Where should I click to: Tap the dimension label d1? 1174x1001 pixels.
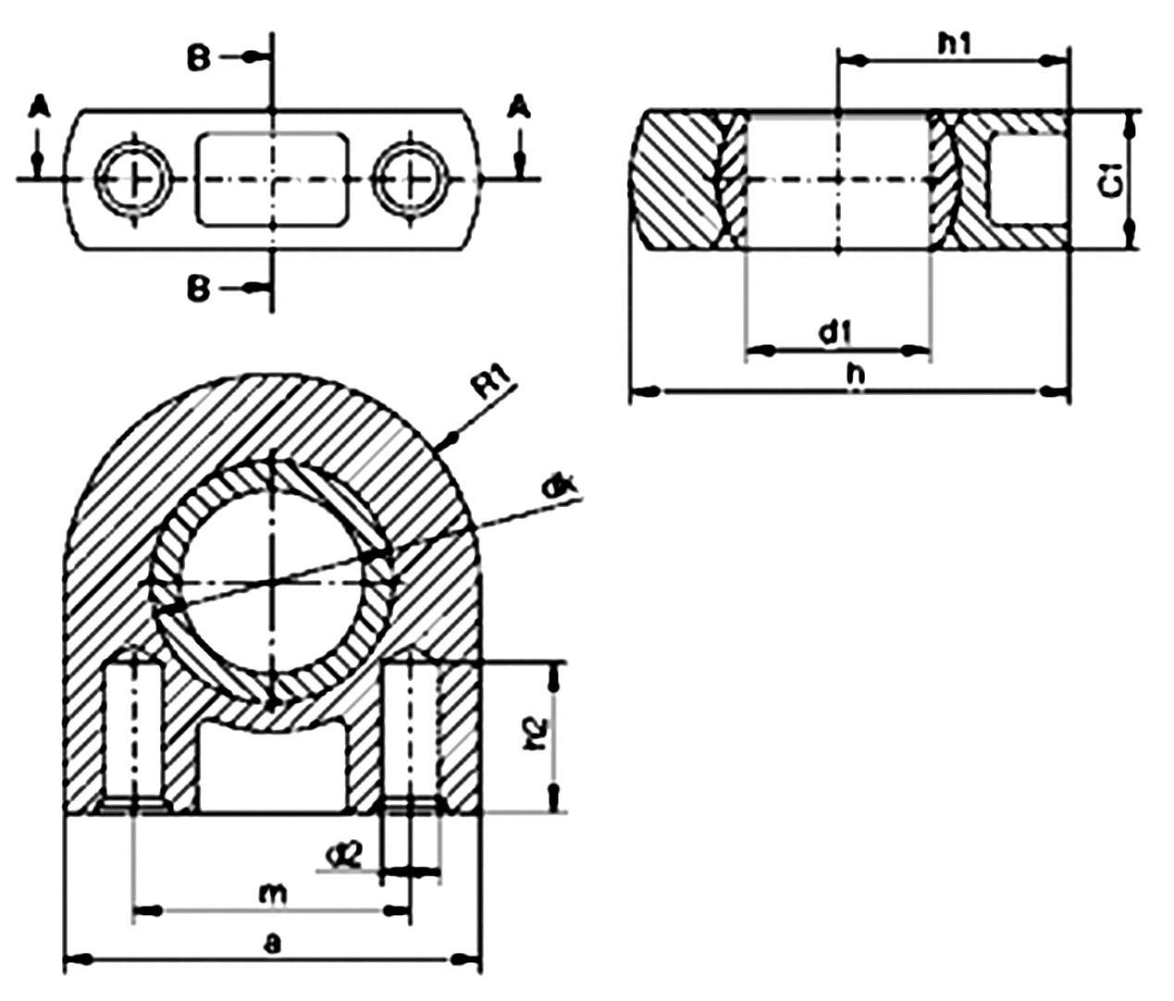point(835,331)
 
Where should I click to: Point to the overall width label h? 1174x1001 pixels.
point(857,374)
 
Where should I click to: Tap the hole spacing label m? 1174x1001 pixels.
point(271,894)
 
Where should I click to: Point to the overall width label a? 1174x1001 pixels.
point(271,943)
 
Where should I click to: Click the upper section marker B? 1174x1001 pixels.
point(199,58)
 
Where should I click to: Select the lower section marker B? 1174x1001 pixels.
point(199,290)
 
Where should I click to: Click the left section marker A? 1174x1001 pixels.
point(38,108)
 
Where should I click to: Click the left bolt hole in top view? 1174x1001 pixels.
point(134,178)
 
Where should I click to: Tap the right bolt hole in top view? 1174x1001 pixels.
point(411,178)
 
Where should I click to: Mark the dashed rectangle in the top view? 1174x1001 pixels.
point(272,179)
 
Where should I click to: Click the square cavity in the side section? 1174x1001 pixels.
point(1026,179)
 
